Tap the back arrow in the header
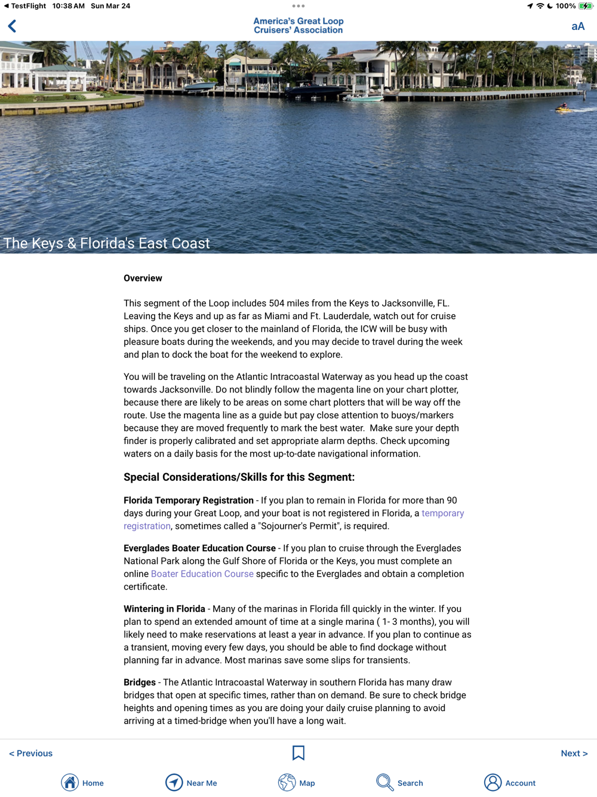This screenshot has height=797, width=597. point(13,26)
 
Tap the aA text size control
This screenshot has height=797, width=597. point(577,26)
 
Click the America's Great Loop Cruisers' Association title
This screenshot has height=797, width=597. point(298,26)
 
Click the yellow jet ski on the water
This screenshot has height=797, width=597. point(563,108)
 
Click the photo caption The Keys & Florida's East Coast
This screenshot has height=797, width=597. point(107,243)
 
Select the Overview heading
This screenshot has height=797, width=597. point(143,278)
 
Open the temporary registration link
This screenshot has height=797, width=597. point(442,513)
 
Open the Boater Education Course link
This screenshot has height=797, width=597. point(202,574)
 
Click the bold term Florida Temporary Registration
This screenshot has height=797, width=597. point(189,501)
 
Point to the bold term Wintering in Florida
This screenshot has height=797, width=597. point(164,609)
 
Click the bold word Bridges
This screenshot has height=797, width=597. point(140,682)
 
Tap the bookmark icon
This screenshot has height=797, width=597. point(298,753)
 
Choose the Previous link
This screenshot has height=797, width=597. point(31,753)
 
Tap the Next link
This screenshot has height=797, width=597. point(574,753)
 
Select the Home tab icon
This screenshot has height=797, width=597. point(70,783)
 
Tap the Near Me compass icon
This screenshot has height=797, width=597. point(174,783)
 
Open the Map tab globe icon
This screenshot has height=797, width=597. point(287,783)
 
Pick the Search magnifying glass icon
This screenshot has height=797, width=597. point(385,783)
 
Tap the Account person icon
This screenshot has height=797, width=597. point(493,783)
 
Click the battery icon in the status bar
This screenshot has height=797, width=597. point(585,6)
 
